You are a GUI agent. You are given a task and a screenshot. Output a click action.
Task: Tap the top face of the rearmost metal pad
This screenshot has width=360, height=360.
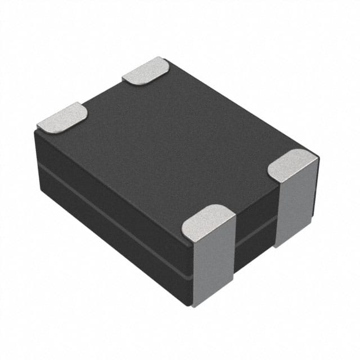click(x=145, y=71)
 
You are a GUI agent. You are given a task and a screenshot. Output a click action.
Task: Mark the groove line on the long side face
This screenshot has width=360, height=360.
click(x=112, y=208)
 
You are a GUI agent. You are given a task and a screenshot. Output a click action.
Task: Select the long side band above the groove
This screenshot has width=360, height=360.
click(x=112, y=180)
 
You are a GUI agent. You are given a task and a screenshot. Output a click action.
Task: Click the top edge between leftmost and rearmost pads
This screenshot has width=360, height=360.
click(x=104, y=93)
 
